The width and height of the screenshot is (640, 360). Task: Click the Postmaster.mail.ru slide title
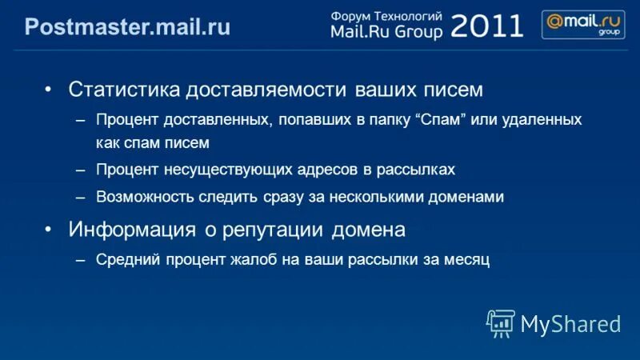click(127, 28)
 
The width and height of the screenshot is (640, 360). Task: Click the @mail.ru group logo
click(583, 24)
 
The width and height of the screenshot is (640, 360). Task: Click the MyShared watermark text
click(570, 323)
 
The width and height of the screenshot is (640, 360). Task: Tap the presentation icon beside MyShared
click(500, 322)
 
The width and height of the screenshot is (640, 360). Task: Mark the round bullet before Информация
click(49, 230)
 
